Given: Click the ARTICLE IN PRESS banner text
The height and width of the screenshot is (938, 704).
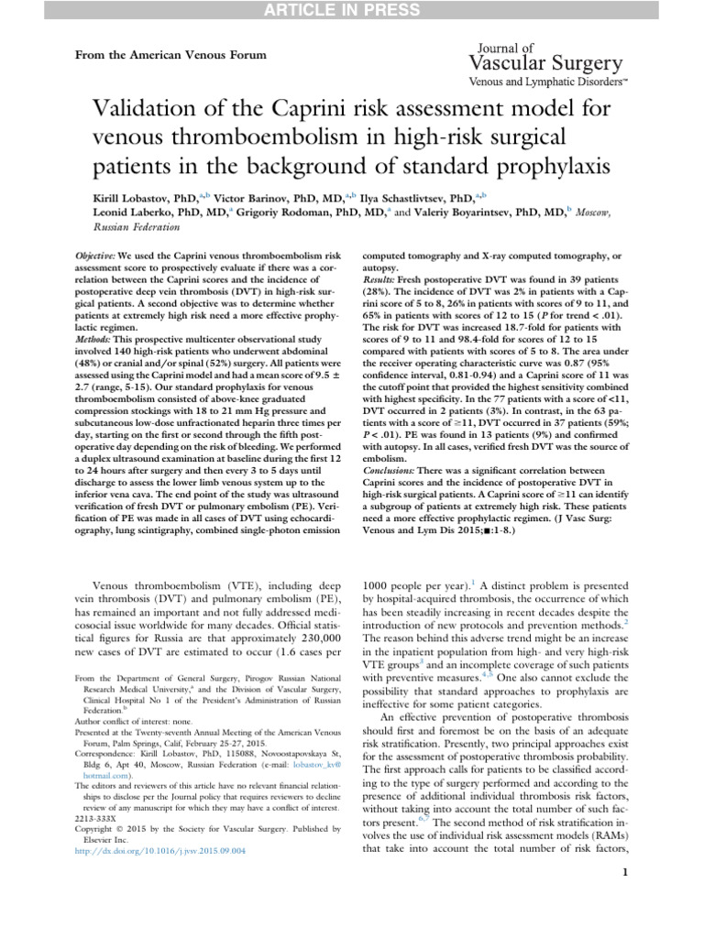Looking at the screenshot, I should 351,10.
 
